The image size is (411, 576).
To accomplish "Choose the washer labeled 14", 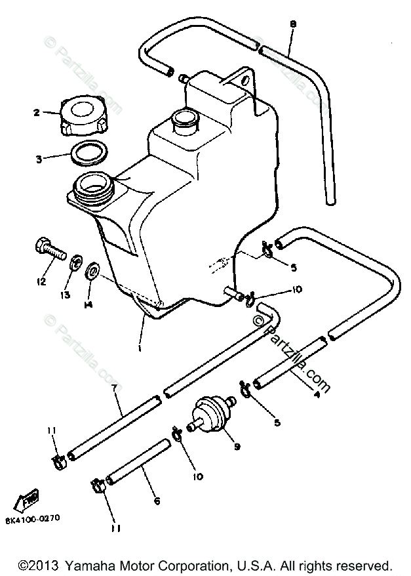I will click(93, 270).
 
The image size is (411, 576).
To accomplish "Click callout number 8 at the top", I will click(293, 24).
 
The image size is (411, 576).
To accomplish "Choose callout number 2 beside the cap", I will click(37, 112).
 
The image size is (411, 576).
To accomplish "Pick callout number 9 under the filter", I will click(237, 447).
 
